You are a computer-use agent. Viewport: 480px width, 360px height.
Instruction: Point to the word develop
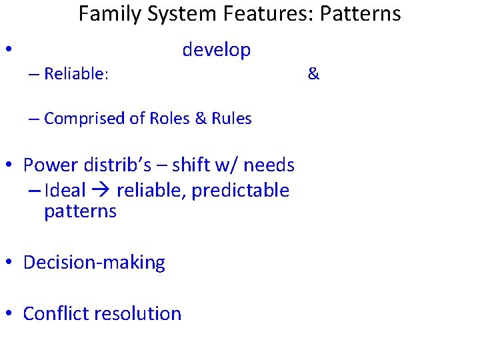[x=216, y=50]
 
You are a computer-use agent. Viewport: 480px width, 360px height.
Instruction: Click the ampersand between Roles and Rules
[x=200, y=119]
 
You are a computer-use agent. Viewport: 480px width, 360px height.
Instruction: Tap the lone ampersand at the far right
[x=313, y=74]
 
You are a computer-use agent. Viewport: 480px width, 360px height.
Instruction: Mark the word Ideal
[x=65, y=191]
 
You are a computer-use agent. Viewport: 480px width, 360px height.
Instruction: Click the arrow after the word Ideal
[x=101, y=191]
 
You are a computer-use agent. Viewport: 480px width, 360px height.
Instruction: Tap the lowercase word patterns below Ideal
[x=80, y=212]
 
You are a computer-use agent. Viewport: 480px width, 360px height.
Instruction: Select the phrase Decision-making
[x=94, y=263]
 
